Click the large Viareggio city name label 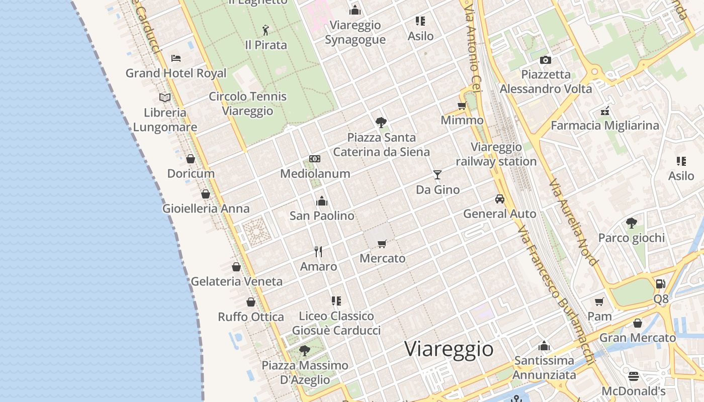449,348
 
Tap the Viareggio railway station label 496,154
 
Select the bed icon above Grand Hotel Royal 175,58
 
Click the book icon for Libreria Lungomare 165,97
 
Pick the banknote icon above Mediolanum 315,159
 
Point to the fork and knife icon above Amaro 318,251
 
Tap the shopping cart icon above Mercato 382,244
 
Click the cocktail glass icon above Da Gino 437,175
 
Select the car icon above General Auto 499,199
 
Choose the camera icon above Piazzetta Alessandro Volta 545,60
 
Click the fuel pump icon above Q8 660,284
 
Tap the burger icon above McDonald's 633,376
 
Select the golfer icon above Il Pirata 266,30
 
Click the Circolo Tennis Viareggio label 247,104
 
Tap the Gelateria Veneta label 236,281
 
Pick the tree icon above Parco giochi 631,223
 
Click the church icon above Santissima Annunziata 544,346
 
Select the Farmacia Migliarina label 605,126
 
